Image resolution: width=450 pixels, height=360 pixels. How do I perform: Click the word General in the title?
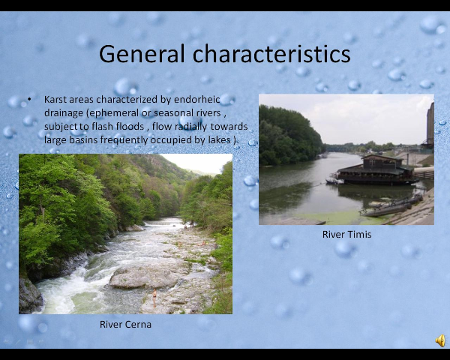click(x=142, y=54)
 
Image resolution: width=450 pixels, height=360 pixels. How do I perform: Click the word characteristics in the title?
click(x=271, y=54)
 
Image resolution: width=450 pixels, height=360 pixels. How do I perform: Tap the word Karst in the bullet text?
click(x=55, y=99)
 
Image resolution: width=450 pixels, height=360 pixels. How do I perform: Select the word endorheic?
click(x=196, y=99)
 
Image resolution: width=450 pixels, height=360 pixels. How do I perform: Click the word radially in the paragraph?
click(x=190, y=127)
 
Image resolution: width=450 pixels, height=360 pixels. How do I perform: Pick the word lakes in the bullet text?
click(x=220, y=140)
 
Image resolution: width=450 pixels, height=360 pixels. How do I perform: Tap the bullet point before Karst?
click(x=29, y=100)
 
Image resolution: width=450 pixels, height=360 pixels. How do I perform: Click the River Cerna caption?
click(x=125, y=325)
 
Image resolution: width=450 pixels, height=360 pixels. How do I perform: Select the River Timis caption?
click(x=347, y=235)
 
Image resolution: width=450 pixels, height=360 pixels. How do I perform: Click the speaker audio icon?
click(x=440, y=340)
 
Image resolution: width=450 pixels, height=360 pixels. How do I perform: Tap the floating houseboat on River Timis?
click(x=376, y=170)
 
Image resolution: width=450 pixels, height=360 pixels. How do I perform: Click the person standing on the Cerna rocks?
click(x=154, y=298)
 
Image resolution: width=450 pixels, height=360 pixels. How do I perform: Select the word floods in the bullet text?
click(x=130, y=127)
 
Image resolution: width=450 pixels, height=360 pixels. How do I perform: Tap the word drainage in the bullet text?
click(x=64, y=113)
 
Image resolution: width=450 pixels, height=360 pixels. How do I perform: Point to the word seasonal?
click(x=174, y=113)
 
